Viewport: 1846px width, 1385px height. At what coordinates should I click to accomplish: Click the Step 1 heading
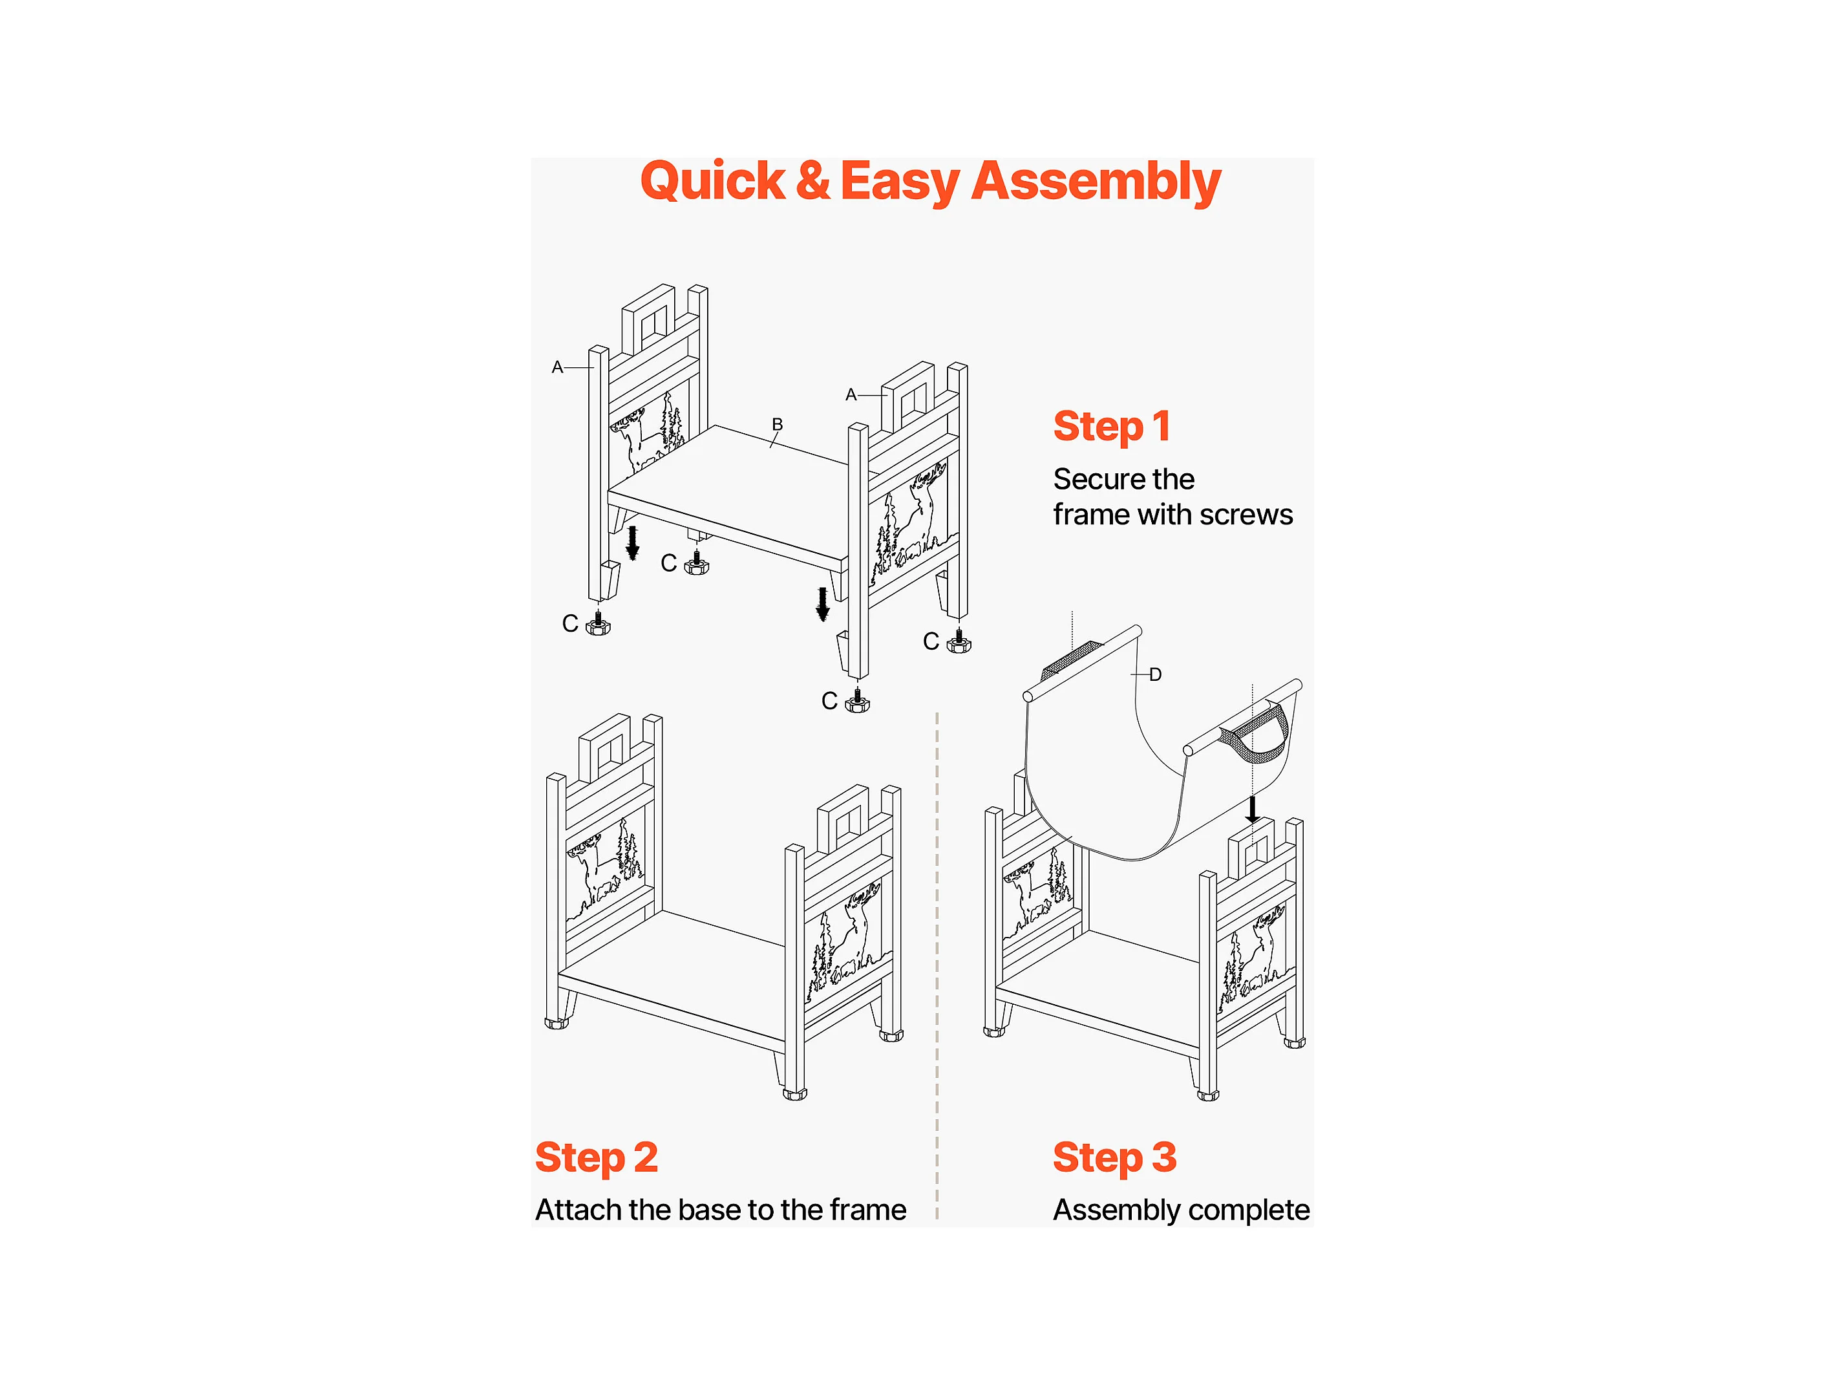coord(1112,427)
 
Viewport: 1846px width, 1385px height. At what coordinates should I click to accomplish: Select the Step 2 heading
coord(597,1159)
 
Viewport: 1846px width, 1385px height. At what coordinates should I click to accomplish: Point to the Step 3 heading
coord(1115,1159)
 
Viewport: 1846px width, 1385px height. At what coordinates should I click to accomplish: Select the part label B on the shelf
coord(777,424)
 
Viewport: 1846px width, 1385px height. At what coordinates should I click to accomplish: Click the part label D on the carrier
coord(1155,674)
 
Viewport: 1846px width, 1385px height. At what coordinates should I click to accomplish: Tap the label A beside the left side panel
coord(557,367)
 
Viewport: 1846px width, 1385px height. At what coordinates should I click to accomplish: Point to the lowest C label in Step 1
coord(829,702)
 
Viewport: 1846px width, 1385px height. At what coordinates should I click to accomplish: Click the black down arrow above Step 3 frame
coord(1252,809)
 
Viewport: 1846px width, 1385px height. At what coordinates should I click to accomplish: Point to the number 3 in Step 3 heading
coord(1164,1159)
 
